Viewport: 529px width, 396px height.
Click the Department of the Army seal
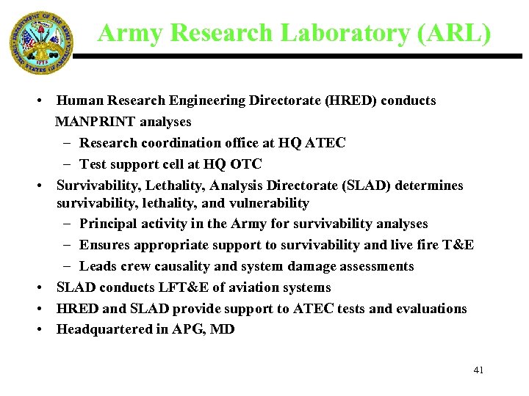pos(42,43)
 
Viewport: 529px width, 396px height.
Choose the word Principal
pos(109,224)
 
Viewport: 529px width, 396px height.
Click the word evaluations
pos(431,309)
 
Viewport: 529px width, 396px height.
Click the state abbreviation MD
pos(223,329)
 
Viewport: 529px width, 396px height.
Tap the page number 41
pos(478,370)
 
